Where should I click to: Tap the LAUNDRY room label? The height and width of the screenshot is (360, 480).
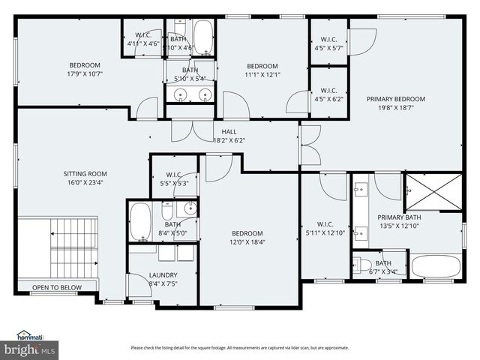[163, 274]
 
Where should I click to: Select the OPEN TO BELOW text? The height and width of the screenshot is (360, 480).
[57, 287]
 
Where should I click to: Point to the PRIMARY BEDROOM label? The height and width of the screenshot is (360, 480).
[395, 99]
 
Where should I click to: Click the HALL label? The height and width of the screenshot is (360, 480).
[229, 132]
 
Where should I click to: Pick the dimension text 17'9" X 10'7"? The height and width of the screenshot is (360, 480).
[85, 73]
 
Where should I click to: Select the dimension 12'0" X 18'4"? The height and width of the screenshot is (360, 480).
[247, 241]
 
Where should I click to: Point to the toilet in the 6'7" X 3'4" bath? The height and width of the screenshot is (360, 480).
[363, 265]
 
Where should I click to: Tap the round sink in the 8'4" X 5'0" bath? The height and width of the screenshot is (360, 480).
[190, 208]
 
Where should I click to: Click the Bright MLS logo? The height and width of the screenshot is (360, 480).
[30, 349]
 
